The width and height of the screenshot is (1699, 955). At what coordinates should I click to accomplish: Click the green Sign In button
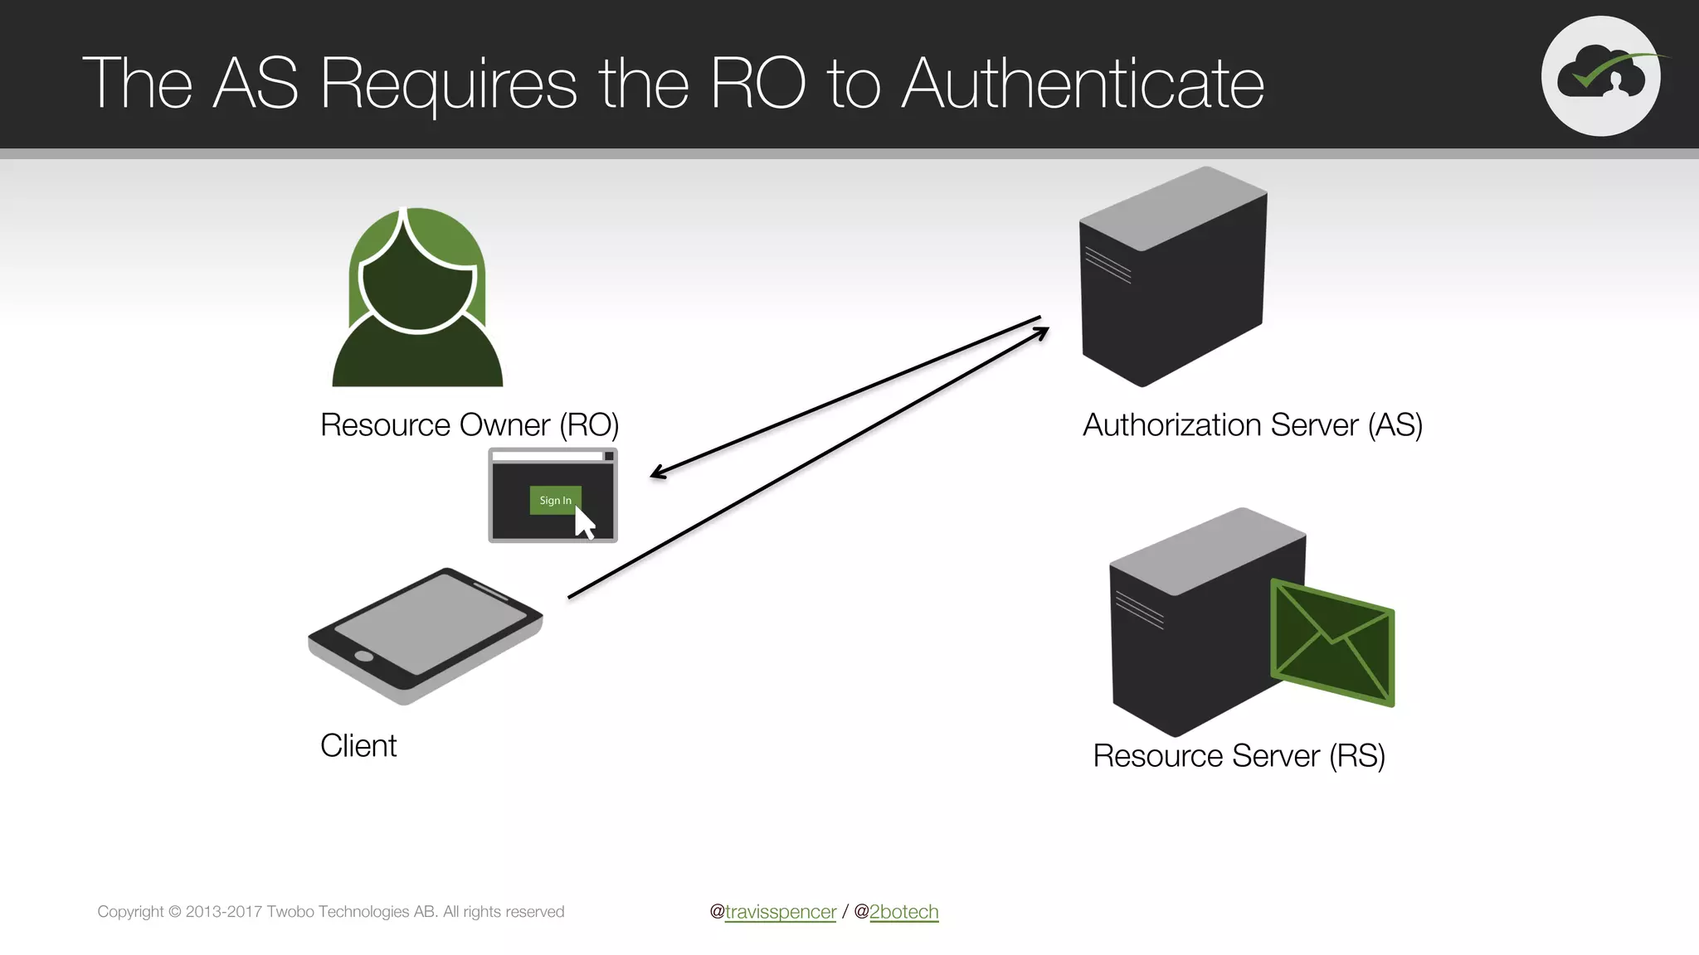(x=554, y=500)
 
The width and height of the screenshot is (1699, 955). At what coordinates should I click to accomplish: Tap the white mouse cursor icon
(x=585, y=524)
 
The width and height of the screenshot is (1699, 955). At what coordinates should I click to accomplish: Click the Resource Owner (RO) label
(x=470, y=425)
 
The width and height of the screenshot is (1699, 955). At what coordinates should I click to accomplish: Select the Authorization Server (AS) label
(x=1253, y=425)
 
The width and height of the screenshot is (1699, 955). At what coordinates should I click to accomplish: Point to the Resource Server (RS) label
(x=1239, y=756)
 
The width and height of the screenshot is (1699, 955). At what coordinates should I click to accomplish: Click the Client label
(x=358, y=746)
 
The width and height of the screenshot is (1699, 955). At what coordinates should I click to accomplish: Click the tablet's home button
(x=363, y=657)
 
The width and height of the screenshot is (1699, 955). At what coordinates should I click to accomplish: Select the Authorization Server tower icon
(x=1172, y=278)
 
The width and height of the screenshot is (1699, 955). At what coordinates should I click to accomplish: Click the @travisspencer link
(x=780, y=912)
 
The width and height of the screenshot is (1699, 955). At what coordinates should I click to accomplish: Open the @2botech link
(x=903, y=912)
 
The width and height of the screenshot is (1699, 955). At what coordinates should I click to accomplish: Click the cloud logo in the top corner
(x=1600, y=75)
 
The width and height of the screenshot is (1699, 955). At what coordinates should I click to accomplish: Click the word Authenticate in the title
(x=1083, y=84)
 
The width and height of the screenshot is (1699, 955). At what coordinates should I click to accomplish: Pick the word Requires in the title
(x=448, y=84)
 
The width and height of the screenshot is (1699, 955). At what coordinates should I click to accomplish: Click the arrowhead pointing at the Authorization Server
(x=1044, y=331)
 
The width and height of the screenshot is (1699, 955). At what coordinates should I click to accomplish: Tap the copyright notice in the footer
(x=330, y=912)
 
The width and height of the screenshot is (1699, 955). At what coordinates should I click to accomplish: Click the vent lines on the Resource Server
(x=1139, y=610)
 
